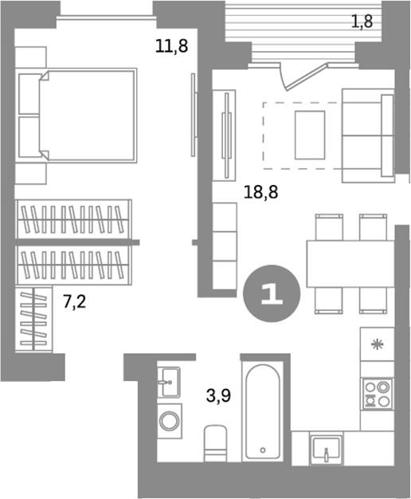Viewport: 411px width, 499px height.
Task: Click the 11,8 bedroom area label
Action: tap(171, 46)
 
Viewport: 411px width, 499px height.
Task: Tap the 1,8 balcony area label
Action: tap(362, 22)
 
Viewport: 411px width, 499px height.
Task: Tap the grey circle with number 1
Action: tap(271, 293)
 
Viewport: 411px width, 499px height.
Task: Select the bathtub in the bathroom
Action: tap(262, 411)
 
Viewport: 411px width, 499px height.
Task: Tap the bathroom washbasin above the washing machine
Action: tap(169, 383)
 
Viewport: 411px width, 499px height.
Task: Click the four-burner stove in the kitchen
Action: tap(376, 392)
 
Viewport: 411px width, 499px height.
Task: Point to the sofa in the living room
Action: tap(367, 134)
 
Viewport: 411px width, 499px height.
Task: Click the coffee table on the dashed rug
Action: tap(309, 135)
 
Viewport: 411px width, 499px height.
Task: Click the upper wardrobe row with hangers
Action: tap(74, 218)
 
